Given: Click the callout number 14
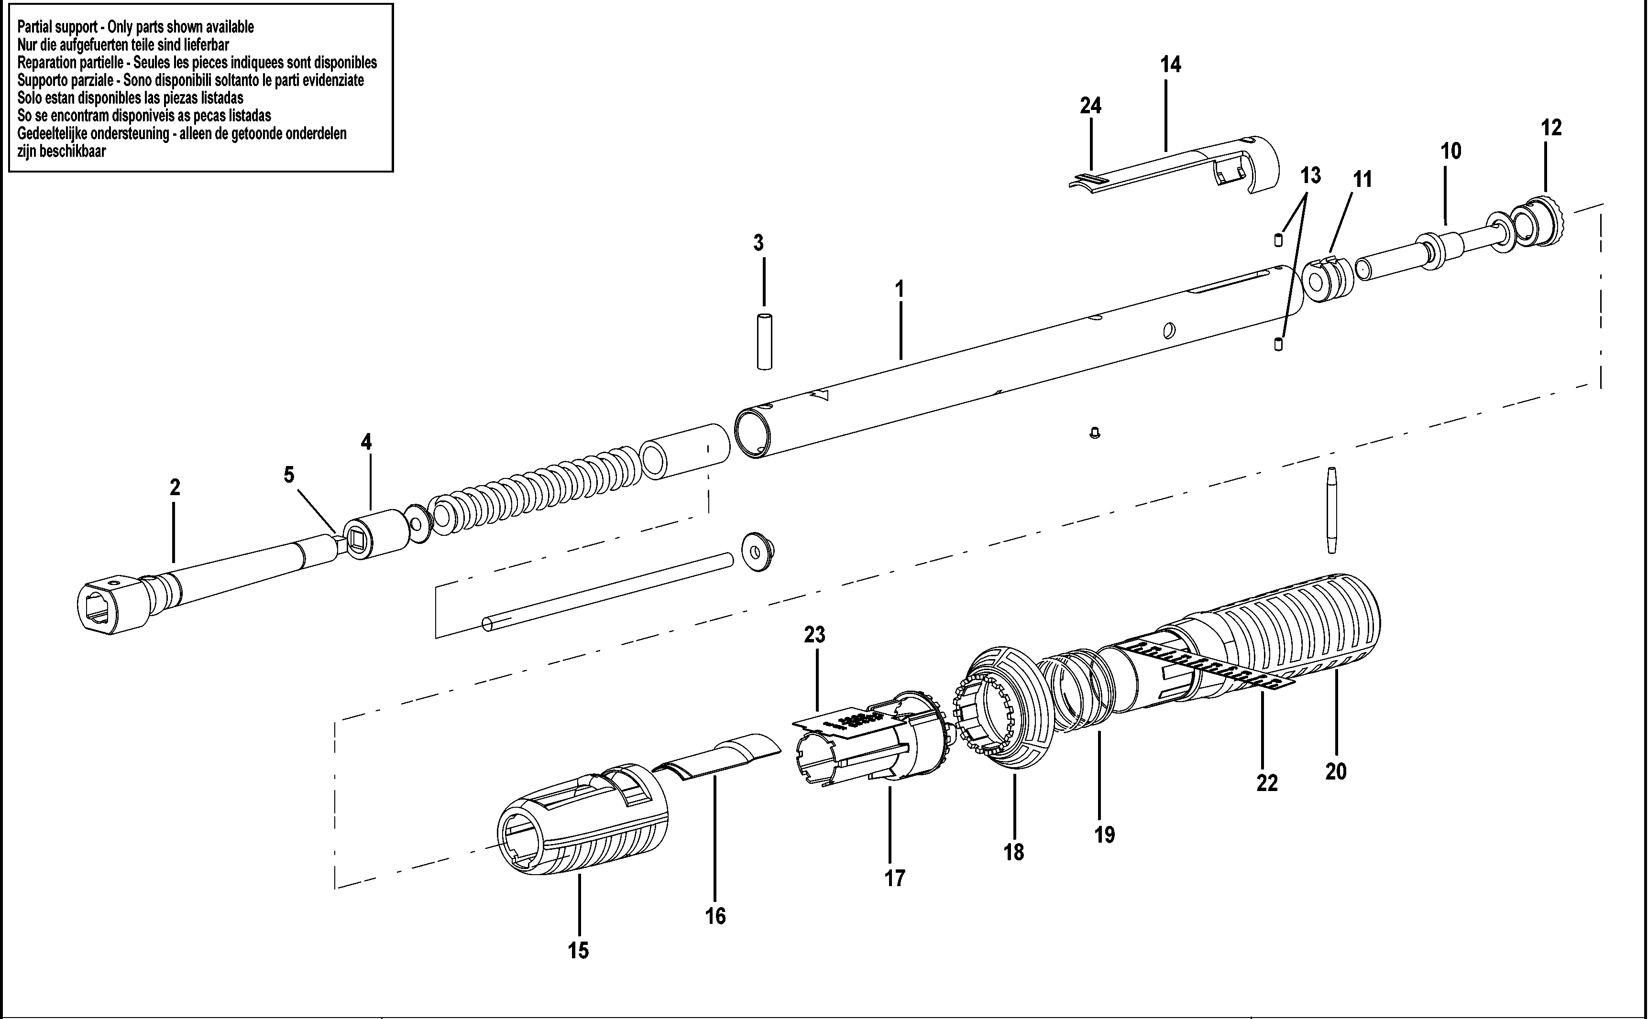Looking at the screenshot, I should (x=1171, y=65).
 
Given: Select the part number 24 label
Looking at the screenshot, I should (x=1090, y=106).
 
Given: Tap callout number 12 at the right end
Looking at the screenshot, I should (x=1551, y=127).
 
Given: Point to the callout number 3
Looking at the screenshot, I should (x=758, y=243).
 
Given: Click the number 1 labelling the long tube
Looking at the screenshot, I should (x=899, y=289).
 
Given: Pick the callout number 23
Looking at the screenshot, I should (x=814, y=634).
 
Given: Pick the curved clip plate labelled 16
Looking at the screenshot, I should (x=718, y=758).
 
